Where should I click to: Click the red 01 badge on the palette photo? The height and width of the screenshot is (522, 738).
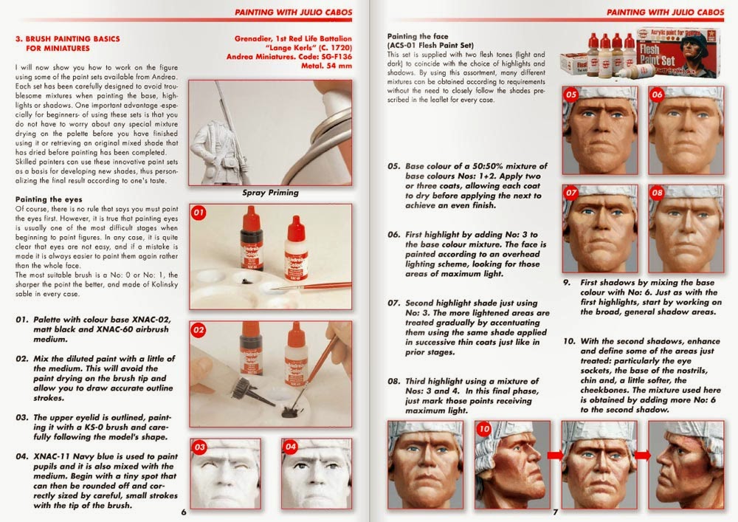[199, 213]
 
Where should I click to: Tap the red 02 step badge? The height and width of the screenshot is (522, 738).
[199, 330]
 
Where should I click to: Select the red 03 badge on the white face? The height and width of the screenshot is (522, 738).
[199, 447]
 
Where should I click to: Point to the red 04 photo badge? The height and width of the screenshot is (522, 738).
[290, 447]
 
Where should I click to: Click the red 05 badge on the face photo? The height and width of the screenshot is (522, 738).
[571, 95]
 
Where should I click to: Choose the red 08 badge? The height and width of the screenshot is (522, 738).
[657, 193]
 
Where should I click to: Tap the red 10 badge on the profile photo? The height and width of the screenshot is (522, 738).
[484, 429]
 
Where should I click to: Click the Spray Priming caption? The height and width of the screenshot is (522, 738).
[271, 193]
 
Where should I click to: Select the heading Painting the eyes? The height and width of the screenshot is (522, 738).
[49, 199]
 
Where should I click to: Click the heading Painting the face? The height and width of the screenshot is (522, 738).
[418, 36]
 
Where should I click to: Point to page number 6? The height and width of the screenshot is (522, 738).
[184, 512]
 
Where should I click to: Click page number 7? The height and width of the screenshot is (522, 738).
[556, 512]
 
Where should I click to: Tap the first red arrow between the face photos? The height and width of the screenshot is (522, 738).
[555, 455]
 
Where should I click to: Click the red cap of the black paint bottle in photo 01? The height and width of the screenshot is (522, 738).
[252, 218]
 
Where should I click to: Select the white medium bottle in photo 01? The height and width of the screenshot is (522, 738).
[296, 249]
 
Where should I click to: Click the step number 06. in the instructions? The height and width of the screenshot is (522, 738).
[394, 234]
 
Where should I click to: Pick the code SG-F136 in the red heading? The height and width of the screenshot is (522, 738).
[335, 57]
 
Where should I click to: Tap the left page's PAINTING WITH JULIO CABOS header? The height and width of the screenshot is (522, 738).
[293, 13]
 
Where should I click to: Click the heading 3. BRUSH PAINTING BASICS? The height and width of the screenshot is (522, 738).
[68, 39]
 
